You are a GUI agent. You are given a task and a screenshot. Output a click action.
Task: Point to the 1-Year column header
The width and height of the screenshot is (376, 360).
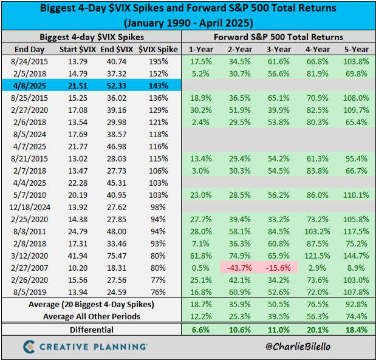200,49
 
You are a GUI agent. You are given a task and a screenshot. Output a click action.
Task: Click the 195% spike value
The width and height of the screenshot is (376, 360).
157,61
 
